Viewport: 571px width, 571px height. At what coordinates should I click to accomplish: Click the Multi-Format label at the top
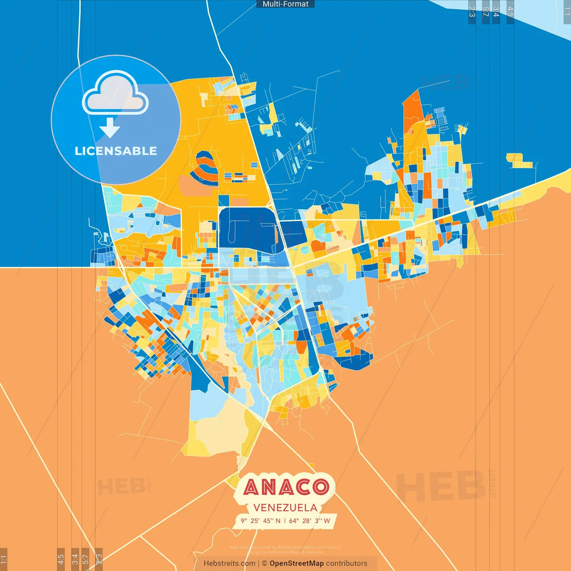point(285,4)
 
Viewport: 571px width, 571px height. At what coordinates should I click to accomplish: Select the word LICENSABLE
point(116,151)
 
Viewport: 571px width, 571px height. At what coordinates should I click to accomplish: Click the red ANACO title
point(286,487)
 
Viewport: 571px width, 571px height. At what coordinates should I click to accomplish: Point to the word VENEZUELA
point(285,508)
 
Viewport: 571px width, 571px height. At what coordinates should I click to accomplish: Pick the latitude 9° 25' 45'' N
point(261,521)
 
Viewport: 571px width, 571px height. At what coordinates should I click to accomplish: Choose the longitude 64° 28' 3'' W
point(310,521)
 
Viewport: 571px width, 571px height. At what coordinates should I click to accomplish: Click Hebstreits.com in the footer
point(229,563)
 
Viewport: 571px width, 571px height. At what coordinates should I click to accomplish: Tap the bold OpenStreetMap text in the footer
point(296,563)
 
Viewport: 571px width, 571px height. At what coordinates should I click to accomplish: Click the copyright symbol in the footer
point(265,563)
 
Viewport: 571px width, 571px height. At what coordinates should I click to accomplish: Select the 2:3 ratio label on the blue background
point(472,12)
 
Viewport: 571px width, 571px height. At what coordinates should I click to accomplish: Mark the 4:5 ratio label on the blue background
point(510,12)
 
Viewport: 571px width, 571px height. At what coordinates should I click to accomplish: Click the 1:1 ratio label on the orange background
point(4,559)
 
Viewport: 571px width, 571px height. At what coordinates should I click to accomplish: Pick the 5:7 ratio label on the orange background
point(85,559)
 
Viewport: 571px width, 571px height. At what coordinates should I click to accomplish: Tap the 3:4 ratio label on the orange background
point(75,559)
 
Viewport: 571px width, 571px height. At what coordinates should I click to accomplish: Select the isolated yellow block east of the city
point(519,161)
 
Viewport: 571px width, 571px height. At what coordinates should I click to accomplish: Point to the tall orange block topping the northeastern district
point(413,112)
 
